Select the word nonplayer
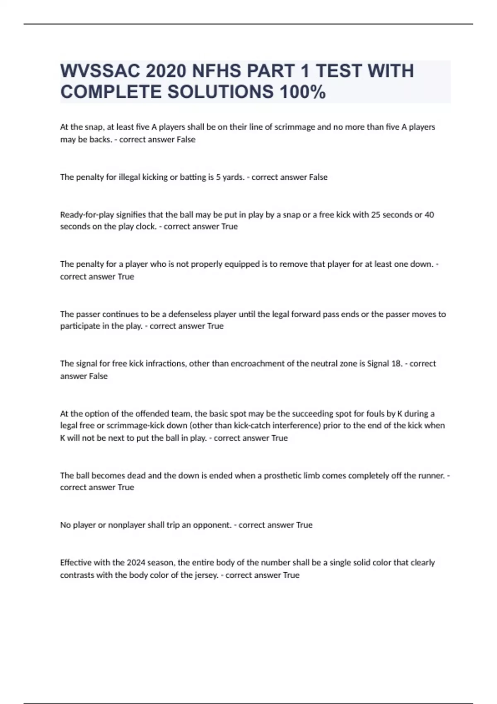point(126,525)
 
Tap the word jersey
point(206,575)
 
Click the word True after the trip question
point(304,525)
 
